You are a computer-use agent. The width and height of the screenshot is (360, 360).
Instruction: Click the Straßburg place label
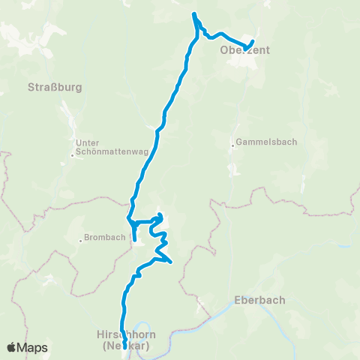pos(54,86)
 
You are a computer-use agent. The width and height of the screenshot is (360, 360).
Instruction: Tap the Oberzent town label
pos(244,51)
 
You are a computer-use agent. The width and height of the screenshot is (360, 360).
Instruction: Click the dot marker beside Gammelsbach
pos(232,145)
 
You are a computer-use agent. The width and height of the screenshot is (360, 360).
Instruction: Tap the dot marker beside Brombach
pos(81,241)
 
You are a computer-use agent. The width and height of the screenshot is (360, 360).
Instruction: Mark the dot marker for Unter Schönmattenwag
pos(72,155)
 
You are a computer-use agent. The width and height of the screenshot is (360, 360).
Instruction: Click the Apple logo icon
pos(12,347)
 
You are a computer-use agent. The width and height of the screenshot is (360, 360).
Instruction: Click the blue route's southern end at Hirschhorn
pos(124,346)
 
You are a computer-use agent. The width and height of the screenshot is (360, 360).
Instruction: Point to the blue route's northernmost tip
pos(194,14)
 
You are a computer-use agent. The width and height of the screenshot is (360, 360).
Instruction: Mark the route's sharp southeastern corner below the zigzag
pos(172,262)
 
